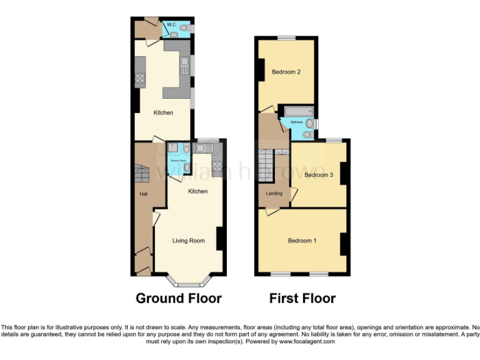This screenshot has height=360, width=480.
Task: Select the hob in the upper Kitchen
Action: [x=141, y=79]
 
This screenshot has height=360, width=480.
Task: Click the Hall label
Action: [x=143, y=194]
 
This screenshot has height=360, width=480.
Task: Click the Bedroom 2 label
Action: [x=286, y=72]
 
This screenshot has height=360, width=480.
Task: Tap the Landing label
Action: [x=274, y=194]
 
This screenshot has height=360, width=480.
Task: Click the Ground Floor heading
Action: [x=178, y=298]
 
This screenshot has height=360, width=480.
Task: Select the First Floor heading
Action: [x=302, y=298]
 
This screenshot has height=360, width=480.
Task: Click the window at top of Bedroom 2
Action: [x=286, y=38]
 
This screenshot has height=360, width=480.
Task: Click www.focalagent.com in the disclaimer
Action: [x=307, y=342]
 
